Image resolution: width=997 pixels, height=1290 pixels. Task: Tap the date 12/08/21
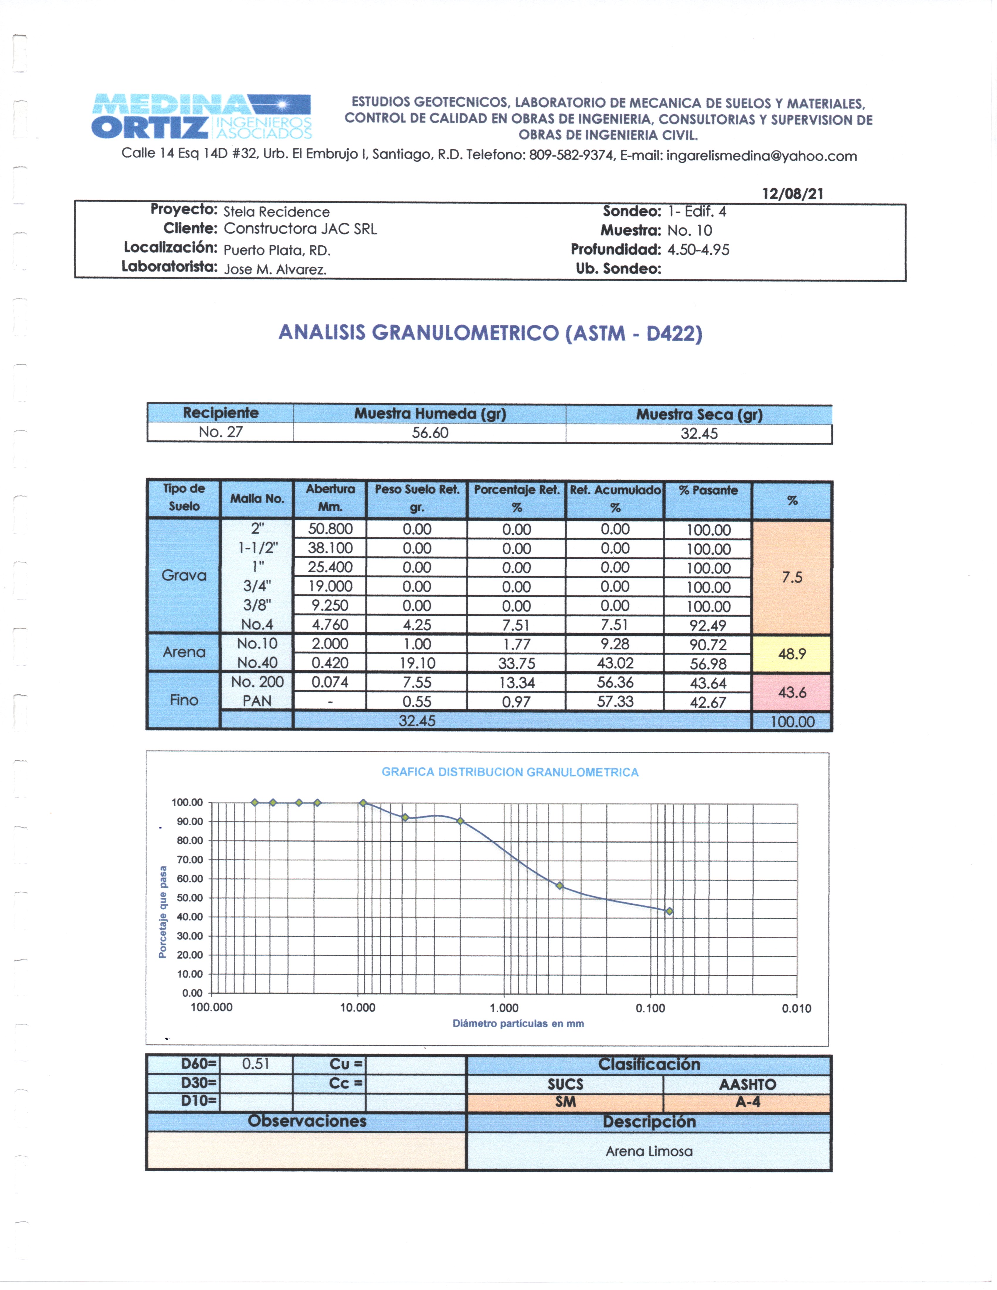pos(792,194)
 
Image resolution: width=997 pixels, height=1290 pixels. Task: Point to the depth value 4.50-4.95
pos(698,250)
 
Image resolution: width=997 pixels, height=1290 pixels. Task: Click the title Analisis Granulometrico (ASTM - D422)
pos(490,333)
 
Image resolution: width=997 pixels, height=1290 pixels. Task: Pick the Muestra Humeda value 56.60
pos(430,433)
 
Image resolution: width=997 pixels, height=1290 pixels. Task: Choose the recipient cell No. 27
pos(220,432)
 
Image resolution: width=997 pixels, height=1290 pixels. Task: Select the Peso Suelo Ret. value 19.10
pos(417,663)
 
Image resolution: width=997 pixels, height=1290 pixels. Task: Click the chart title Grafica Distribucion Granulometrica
pos(510,772)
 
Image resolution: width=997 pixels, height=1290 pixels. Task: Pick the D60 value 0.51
pos(256,1064)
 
